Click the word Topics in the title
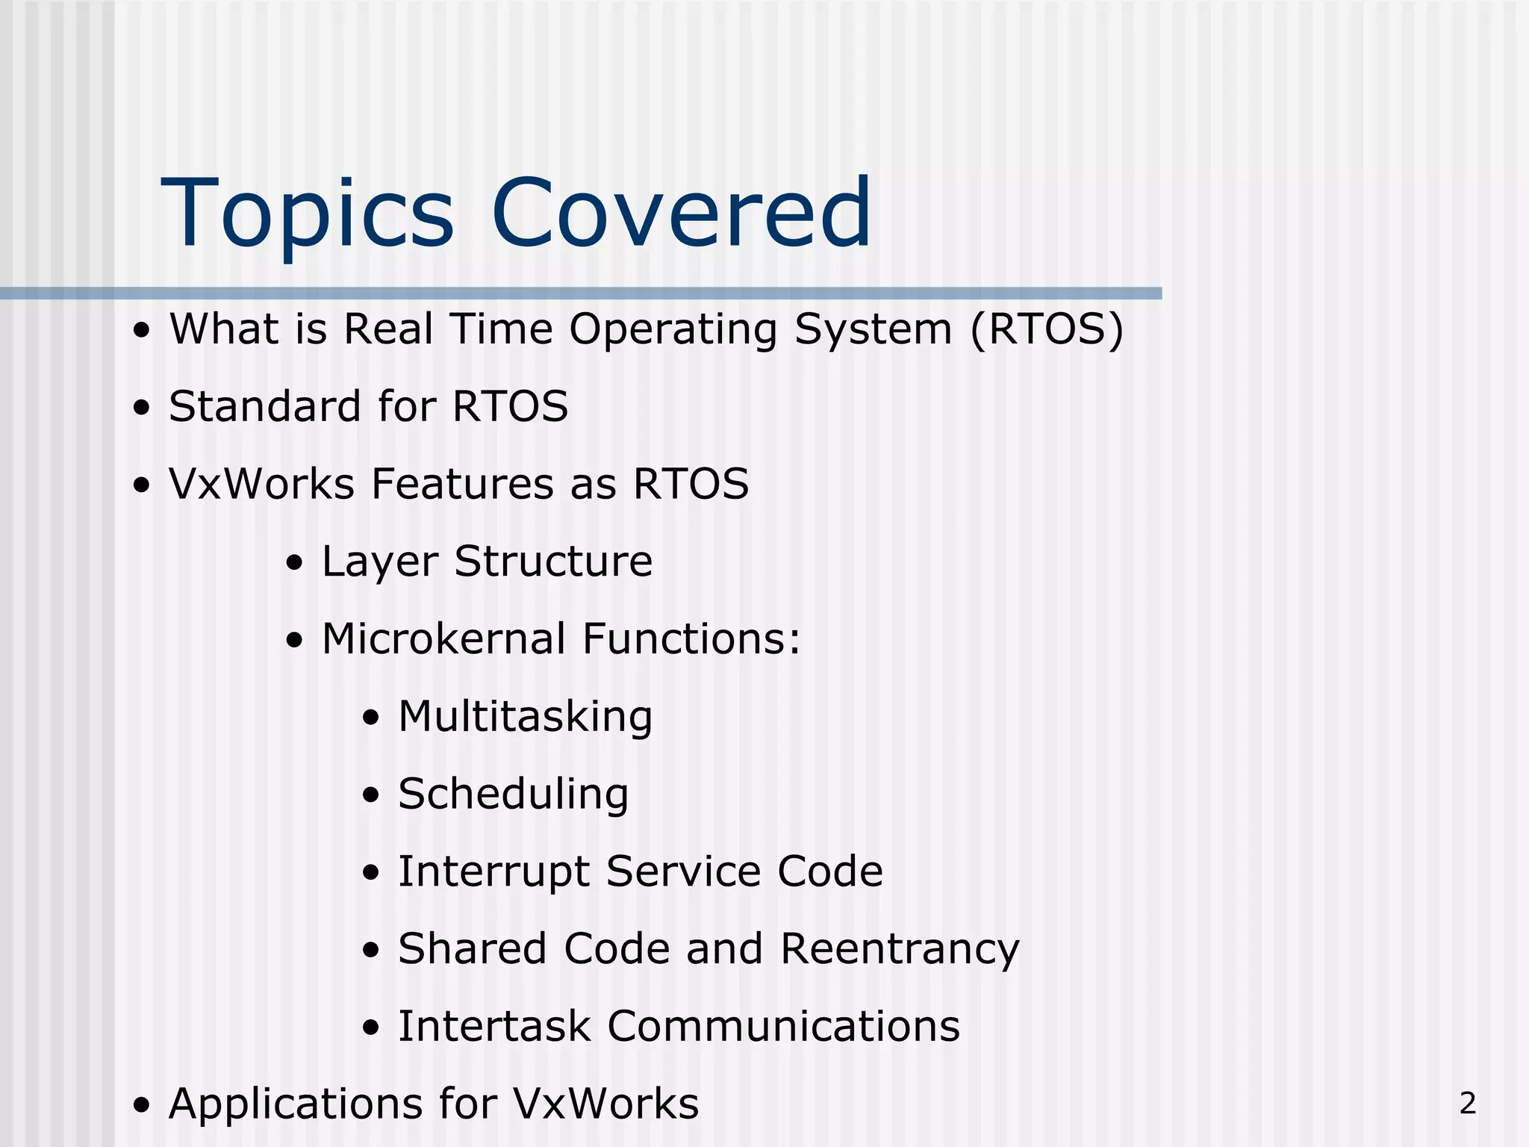pyautogui.click(x=307, y=214)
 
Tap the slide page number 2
pyautogui.click(x=1467, y=1103)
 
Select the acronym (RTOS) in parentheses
pyautogui.click(x=1047, y=329)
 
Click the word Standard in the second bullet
pyautogui.click(x=264, y=407)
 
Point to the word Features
pyautogui.click(x=462, y=484)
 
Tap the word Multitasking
pyautogui.click(x=525, y=718)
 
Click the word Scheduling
pyautogui.click(x=513, y=795)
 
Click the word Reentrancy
pyautogui.click(x=900, y=950)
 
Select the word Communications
pyautogui.click(x=783, y=1026)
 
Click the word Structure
pyautogui.click(x=553, y=562)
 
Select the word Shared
pyautogui.click(x=473, y=949)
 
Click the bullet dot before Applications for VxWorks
pyautogui.click(x=142, y=1106)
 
